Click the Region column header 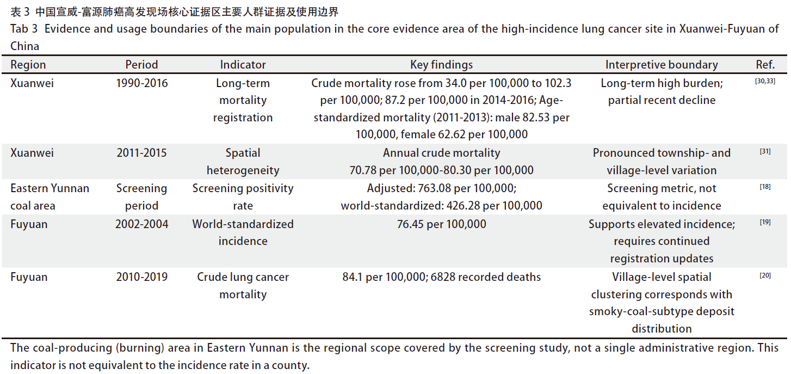click(28, 65)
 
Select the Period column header click(141, 65)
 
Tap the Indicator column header click(243, 65)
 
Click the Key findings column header click(441, 65)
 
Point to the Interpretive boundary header click(662, 65)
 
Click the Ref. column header click(765, 65)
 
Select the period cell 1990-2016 click(141, 83)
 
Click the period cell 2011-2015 click(141, 153)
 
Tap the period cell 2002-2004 click(141, 224)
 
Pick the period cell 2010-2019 click(141, 277)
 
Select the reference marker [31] click(765, 152)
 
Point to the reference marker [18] click(765, 187)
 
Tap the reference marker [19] click(765, 222)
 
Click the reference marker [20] click(765, 275)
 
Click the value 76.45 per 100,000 click(441, 224)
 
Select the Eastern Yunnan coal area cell click(50, 197)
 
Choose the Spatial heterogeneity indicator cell click(243, 162)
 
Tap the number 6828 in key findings click(445, 277)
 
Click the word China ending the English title click(24, 46)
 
